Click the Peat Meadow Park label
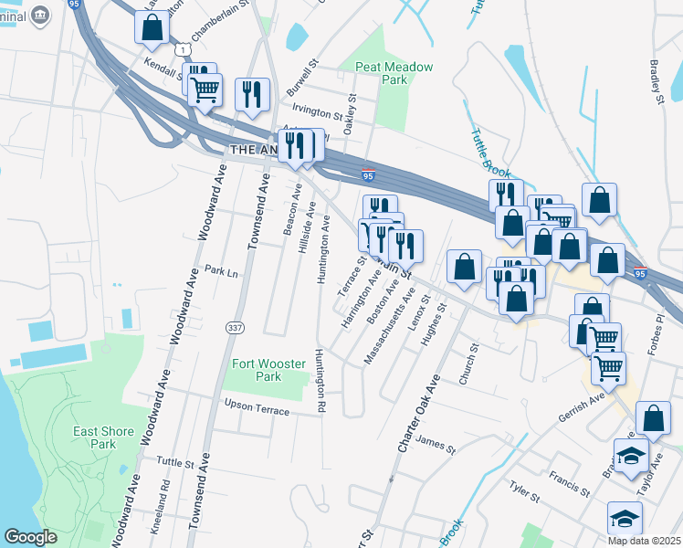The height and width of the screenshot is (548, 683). point(394,73)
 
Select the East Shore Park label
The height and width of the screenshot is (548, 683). point(96,437)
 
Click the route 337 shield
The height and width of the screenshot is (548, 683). point(234,327)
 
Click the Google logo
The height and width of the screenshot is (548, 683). point(31,537)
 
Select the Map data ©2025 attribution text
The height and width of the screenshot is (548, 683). point(644,541)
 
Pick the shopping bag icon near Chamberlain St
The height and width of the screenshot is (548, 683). point(152,27)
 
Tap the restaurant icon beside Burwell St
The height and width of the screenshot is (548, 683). point(251,93)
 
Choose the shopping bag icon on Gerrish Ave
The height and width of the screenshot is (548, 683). point(653,417)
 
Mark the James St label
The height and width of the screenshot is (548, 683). point(435,444)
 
